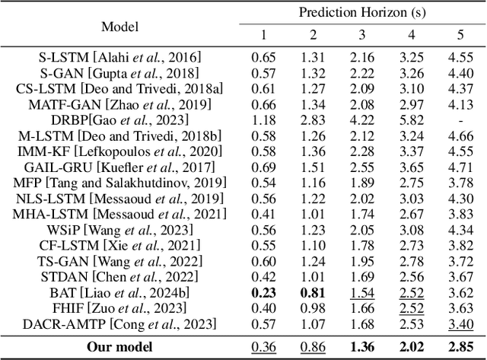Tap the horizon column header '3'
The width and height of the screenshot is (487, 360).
click(x=363, y=36)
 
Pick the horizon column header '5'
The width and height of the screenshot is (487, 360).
click(x=460, y=36)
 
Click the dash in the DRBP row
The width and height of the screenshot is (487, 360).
click(x=460, y=119)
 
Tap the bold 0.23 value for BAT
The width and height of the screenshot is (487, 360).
click(x=265, y=292)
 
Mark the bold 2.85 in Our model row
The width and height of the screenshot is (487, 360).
click(x=460, y=347)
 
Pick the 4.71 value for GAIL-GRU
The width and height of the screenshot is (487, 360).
click(x=460, y=167)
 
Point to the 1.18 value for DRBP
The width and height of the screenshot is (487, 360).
click(x=265, y=119)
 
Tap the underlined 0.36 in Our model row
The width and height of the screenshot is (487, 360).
click(x=265, y=347)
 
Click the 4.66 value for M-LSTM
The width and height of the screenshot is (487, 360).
click(x=460, y=135)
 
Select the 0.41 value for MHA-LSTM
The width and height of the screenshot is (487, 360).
click(x=265, y=214)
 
